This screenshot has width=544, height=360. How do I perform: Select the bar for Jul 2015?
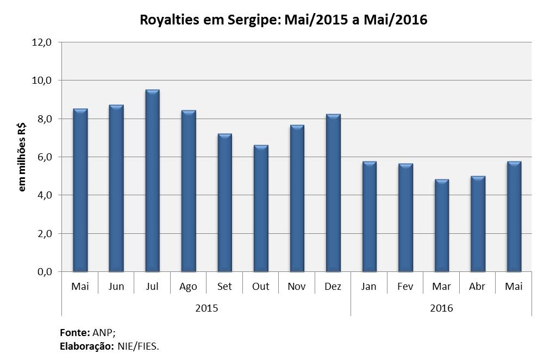(x=152, y=181)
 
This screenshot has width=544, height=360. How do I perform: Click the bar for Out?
(x=261, y=208)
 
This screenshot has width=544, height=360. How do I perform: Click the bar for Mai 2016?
(x=514, y=216)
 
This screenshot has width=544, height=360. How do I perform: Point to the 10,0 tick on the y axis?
(x=41, y=80)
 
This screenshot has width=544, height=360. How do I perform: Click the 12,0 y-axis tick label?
(x=41, y=42)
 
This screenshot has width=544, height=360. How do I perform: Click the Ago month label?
(x=188, y=287)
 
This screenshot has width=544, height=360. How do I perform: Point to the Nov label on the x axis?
(x=297, y=287)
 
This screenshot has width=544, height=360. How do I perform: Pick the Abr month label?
(x=477, y=287)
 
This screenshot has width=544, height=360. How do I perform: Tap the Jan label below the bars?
(x=369, y=287)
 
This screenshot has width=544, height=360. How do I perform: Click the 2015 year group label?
(x=207, y=308)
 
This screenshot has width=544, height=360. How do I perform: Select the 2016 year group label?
(x=441, y=308)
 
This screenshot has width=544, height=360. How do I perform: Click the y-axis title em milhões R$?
(x=23, y=157)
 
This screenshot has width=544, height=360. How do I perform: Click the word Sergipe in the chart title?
(x=255, y=21)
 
